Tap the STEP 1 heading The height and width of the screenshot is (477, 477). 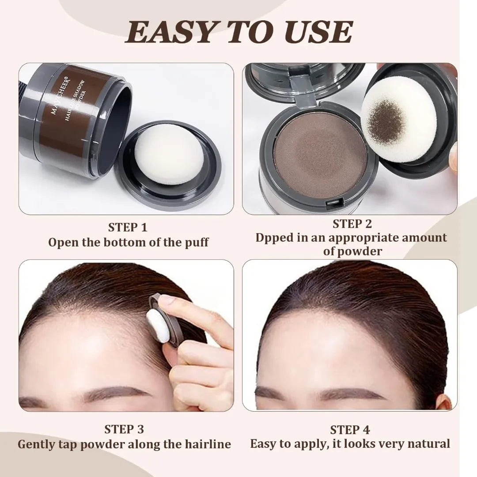click(x=128, y=227)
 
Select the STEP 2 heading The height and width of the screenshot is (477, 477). click(x=352, y=224)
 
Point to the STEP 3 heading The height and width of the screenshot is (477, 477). click(x=124, y=429)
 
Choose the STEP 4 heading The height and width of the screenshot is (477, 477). click(x=350, y=430)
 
